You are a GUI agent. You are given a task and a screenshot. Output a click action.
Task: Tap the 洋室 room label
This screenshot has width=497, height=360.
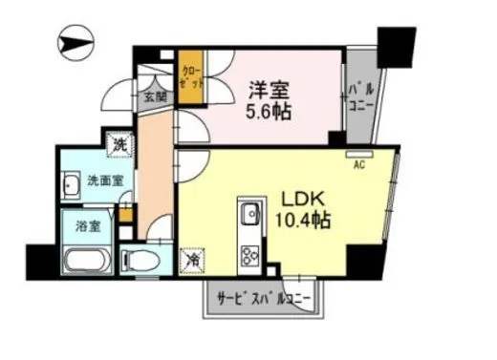point(271,88)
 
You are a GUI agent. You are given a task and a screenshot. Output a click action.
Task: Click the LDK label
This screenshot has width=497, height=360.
point(304,200)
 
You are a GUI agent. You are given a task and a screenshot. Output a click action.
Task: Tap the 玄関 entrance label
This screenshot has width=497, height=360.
point(156,96)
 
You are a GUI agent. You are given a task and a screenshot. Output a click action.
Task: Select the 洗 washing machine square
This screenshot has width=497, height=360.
point(120,145)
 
